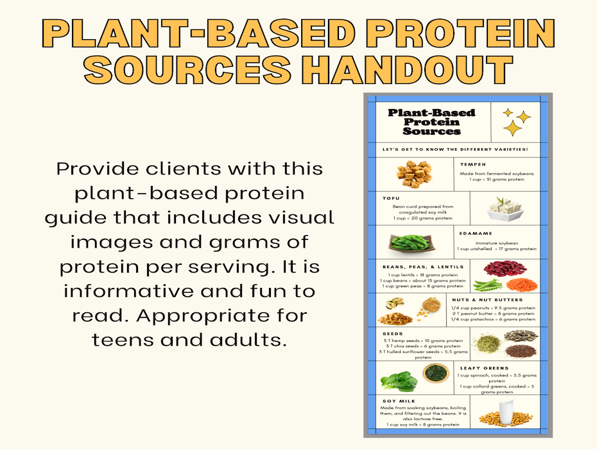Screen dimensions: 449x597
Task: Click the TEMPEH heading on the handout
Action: pyautogui.click(x=472, y=164)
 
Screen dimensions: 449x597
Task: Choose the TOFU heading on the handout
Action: pyautogui.click(x=391, y=198)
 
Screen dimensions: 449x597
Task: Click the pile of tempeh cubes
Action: pyautogui.click(x=415, y=174)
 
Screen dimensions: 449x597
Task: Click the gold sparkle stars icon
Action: pyautogui.click(x=516, y=121)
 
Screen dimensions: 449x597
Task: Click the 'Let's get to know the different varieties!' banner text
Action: pyautogui.click(x=455, y=149)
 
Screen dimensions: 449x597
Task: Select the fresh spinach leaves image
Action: pyautogui.click(x=398, y=380)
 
